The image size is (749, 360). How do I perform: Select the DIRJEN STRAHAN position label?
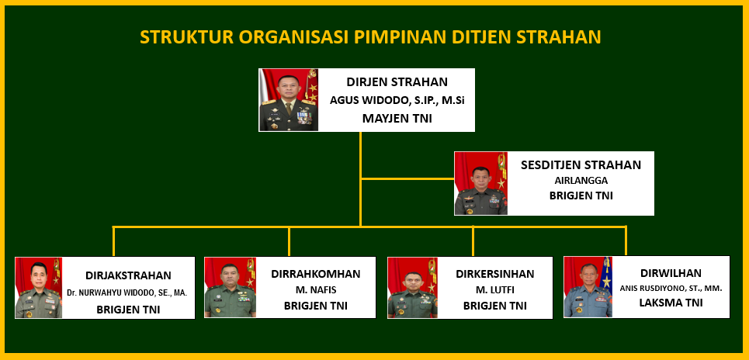(397, 82)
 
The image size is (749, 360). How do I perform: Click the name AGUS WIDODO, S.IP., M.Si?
(397, 101)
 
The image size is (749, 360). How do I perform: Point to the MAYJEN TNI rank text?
(397, 119)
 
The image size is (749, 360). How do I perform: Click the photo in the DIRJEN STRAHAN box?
(289, 100)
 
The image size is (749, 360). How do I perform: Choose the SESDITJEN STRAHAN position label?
(581, 165)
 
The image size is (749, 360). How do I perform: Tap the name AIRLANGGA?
(581, 181)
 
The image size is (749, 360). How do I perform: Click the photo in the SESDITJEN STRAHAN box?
(481, 183)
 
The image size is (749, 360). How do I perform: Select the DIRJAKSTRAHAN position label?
(129, 275)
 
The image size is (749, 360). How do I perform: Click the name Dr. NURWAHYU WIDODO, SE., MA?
(127, 292)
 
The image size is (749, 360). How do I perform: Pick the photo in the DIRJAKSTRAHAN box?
(39, 288)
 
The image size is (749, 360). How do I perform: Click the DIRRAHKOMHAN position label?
(316, 274)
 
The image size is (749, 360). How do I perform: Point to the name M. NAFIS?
(316, 290)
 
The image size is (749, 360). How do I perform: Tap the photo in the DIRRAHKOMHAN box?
(231, 287)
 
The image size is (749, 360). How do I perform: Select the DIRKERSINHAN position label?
(495, 274)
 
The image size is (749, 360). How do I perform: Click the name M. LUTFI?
(495, 290)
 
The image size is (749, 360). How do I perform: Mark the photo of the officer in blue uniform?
(588, 287)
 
